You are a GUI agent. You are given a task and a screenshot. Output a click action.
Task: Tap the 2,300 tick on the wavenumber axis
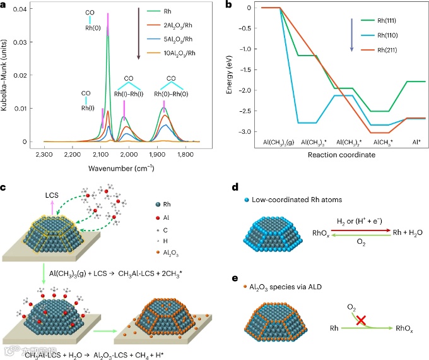[44, 153]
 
